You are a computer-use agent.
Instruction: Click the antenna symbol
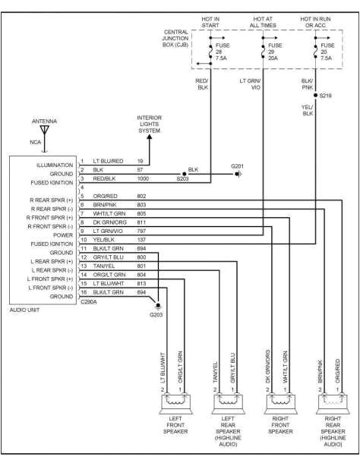click(45, 131)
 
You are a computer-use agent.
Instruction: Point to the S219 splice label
click(326, 96)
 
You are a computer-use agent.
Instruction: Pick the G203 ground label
click(156, 313)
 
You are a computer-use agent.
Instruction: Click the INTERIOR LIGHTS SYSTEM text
click(149, 123)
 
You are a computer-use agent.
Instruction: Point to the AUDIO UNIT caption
click(27, 309)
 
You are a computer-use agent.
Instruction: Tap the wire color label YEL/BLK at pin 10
click(101, 239)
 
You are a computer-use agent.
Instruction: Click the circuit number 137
click(141, 239)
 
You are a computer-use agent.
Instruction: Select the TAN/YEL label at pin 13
click(100, 266)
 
